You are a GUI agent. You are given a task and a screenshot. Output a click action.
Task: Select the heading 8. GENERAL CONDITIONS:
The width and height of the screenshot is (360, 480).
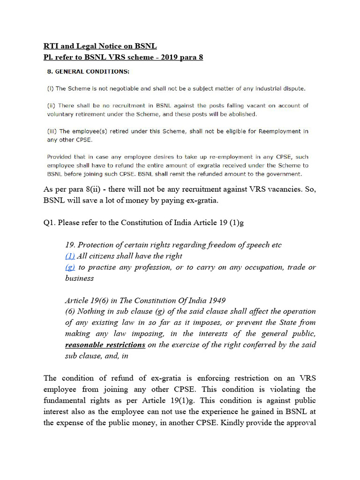tap(89, 72)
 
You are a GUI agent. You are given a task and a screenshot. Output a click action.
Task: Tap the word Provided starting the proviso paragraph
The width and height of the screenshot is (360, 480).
tap(60, 157)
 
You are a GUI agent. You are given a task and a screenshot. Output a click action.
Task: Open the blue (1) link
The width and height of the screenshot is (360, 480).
tap(70, 256)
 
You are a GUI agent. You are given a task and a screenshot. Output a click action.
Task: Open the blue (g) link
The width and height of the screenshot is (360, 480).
tap(70, 267)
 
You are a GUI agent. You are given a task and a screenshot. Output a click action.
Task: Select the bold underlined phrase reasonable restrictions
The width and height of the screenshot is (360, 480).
tap(105, 345)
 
